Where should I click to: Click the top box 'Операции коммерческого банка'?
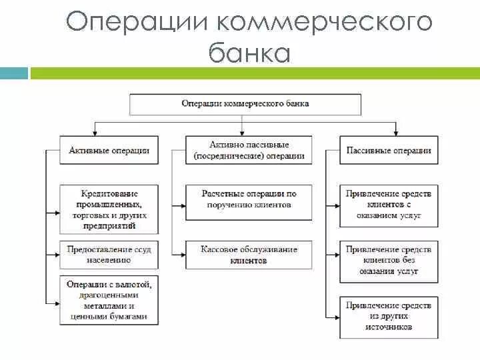point(245,104)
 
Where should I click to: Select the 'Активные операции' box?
point(109,151)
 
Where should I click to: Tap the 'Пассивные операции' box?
point(389,151)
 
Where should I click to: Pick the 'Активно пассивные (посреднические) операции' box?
point(249,151)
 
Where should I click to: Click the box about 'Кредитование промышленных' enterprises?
point(109,209)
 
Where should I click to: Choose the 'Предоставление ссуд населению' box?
point(109,255)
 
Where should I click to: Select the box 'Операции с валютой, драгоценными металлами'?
point(109,301)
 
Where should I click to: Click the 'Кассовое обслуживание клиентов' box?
point(249,255)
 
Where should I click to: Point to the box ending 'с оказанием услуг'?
point(389,205)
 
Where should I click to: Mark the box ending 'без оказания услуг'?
point(389,261)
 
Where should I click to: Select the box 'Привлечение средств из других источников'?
point(389,316)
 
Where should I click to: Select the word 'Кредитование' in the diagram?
point(109,193)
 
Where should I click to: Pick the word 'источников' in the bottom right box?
point(389,327)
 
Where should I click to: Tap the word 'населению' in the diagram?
point(109,261)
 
